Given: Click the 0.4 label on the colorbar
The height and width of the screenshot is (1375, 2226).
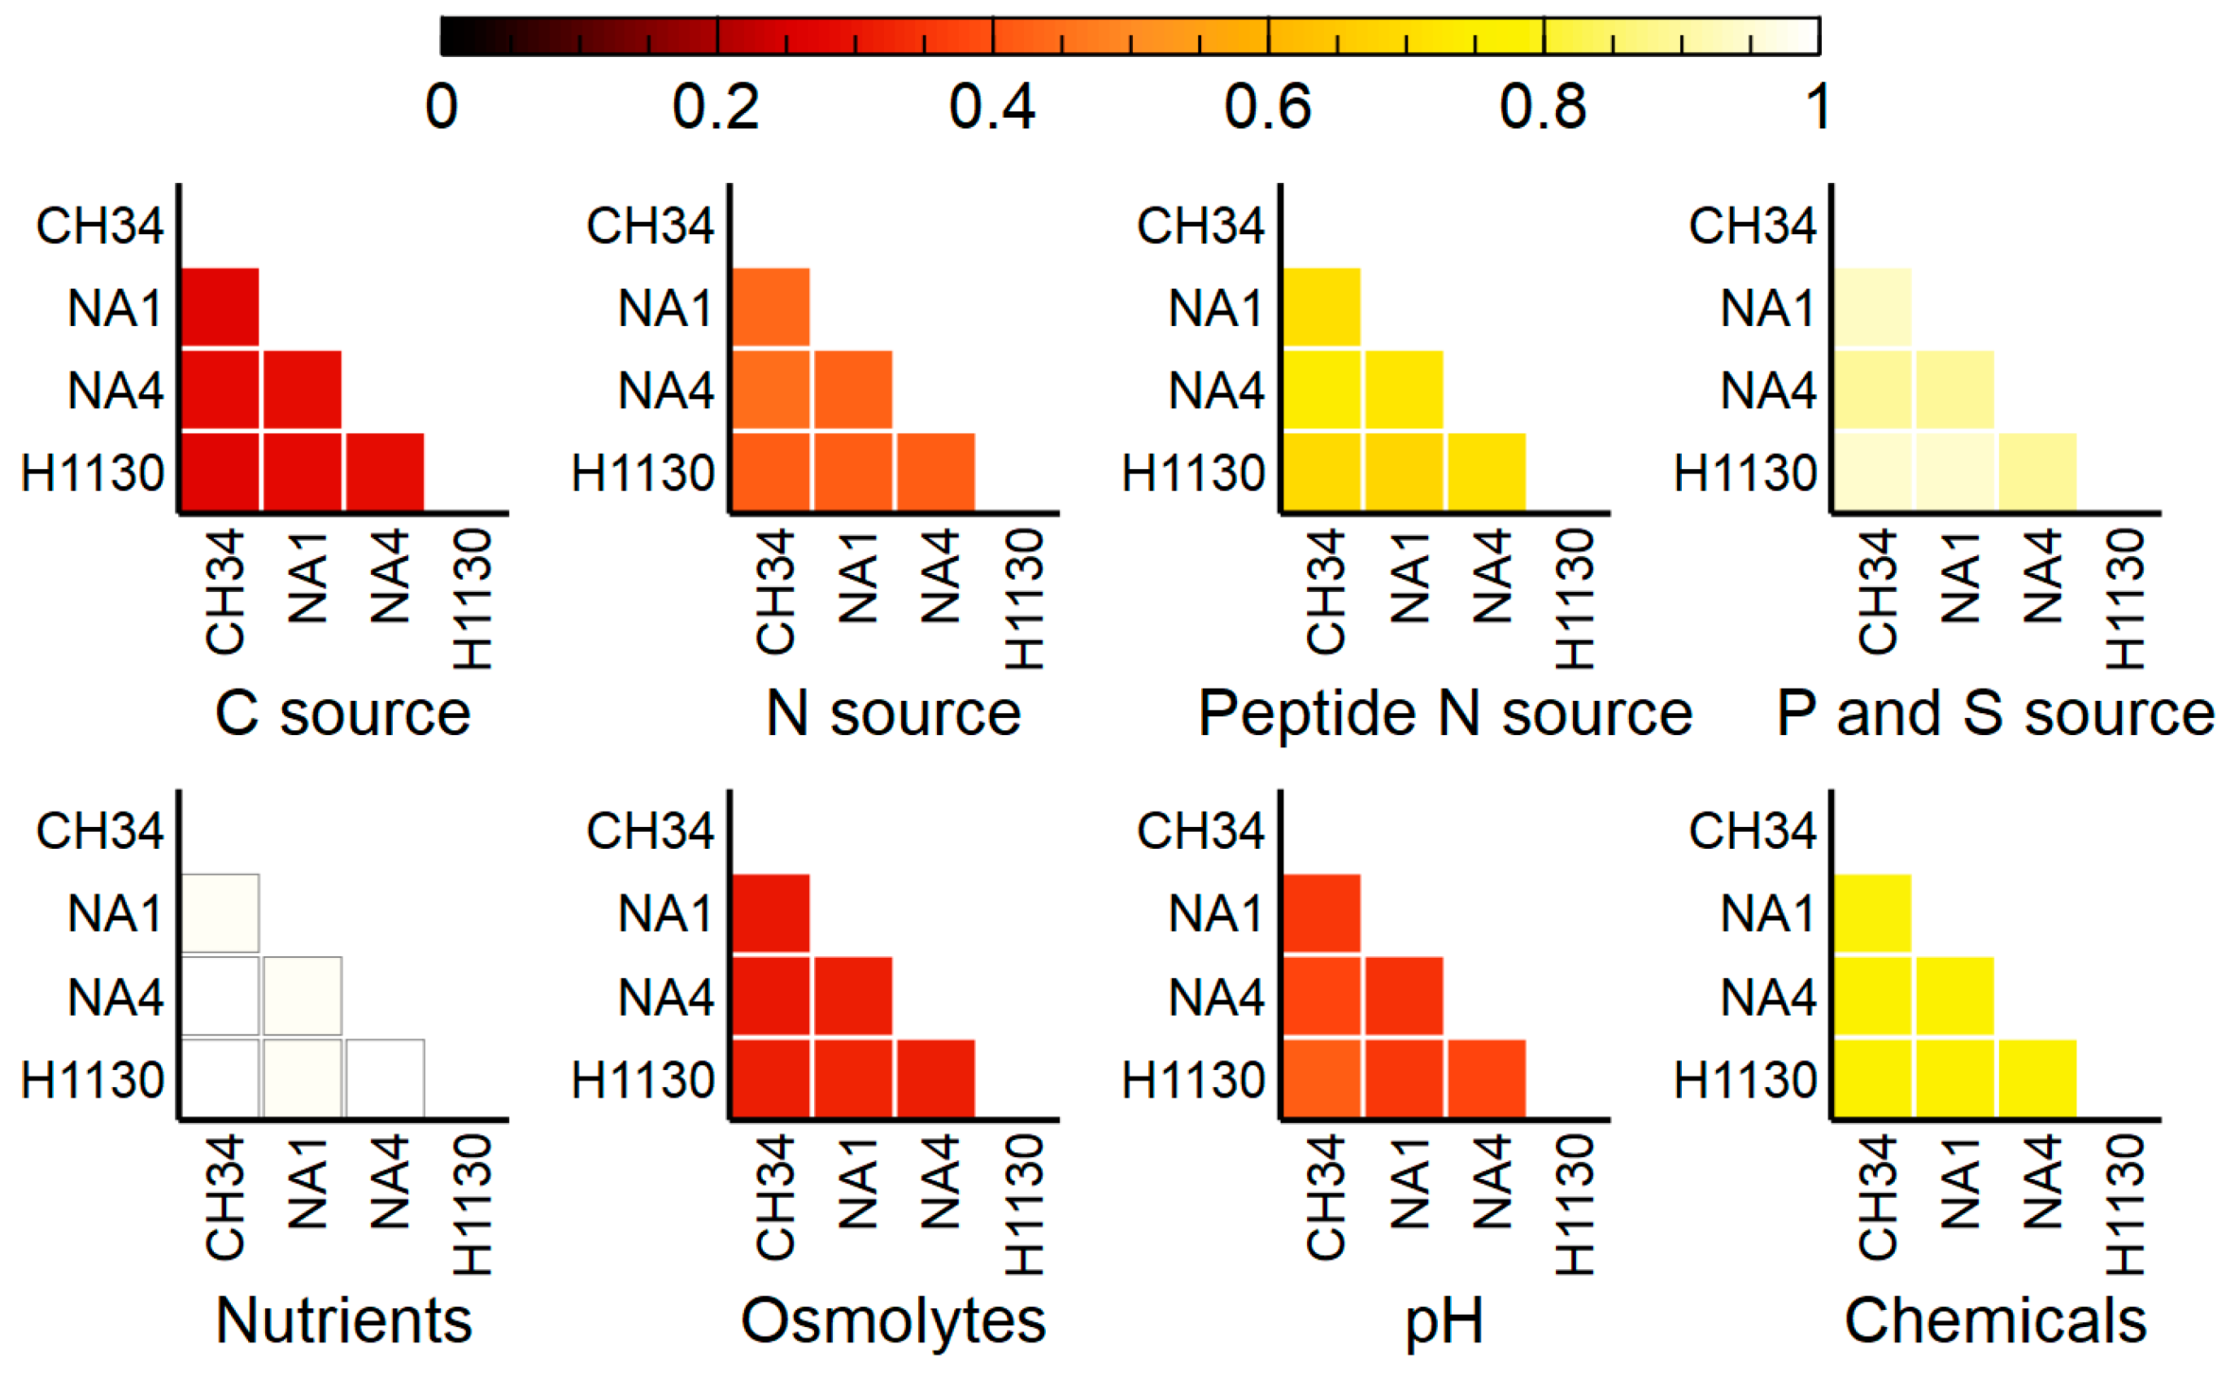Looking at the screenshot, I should click(991, 107).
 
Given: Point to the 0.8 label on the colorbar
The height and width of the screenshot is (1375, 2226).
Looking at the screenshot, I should click(1542, 107).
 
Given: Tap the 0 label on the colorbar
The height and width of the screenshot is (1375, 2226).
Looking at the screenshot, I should click(441, 107).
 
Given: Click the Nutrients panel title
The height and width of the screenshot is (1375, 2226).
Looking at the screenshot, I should click(343, 1320).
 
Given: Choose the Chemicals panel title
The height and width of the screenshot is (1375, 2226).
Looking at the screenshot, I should click(1995, 1320).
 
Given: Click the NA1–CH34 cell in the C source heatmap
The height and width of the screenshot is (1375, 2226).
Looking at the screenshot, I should click(221, 307).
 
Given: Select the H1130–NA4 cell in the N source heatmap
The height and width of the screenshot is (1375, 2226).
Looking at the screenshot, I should click(935, 472).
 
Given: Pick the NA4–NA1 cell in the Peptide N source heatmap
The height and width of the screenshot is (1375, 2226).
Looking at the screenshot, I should click(1404, 389).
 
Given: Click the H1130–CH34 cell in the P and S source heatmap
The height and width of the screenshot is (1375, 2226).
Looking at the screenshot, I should click(1872, 472).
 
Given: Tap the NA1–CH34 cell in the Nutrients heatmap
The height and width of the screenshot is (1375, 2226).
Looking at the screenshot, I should click(221, 913).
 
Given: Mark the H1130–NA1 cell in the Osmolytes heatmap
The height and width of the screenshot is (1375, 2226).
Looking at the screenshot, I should click(853, 1078).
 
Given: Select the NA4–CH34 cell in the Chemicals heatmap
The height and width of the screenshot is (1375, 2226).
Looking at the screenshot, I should click(1872, 996).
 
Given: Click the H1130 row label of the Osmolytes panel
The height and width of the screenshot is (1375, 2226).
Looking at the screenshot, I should click(643, 1081).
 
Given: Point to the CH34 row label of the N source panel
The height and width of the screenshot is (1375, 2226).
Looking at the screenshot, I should click(649, 225).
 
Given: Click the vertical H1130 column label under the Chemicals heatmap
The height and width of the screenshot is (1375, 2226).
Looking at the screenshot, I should click(2125, 1205).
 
